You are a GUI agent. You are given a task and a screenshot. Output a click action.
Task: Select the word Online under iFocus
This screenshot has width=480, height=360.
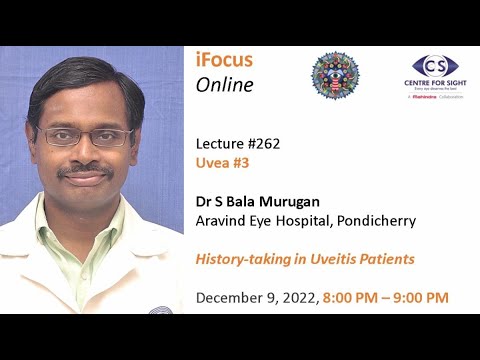pos(225,85)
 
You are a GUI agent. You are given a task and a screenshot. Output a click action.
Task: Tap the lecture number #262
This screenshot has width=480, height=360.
pos(263,143)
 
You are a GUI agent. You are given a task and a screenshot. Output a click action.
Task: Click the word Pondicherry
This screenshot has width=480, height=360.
pos(373,220)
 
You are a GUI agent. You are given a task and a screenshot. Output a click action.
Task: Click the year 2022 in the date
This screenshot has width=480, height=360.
pos(299,297)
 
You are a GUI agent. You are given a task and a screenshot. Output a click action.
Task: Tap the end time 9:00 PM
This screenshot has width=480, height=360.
pos(421,297)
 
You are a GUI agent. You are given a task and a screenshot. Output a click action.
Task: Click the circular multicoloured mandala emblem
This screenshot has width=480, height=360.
pos(334,77)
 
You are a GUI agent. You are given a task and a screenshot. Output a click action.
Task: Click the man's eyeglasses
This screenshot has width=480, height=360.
pos(84,137)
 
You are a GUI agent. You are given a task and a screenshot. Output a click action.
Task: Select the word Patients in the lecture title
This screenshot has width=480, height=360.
pos(383,259)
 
